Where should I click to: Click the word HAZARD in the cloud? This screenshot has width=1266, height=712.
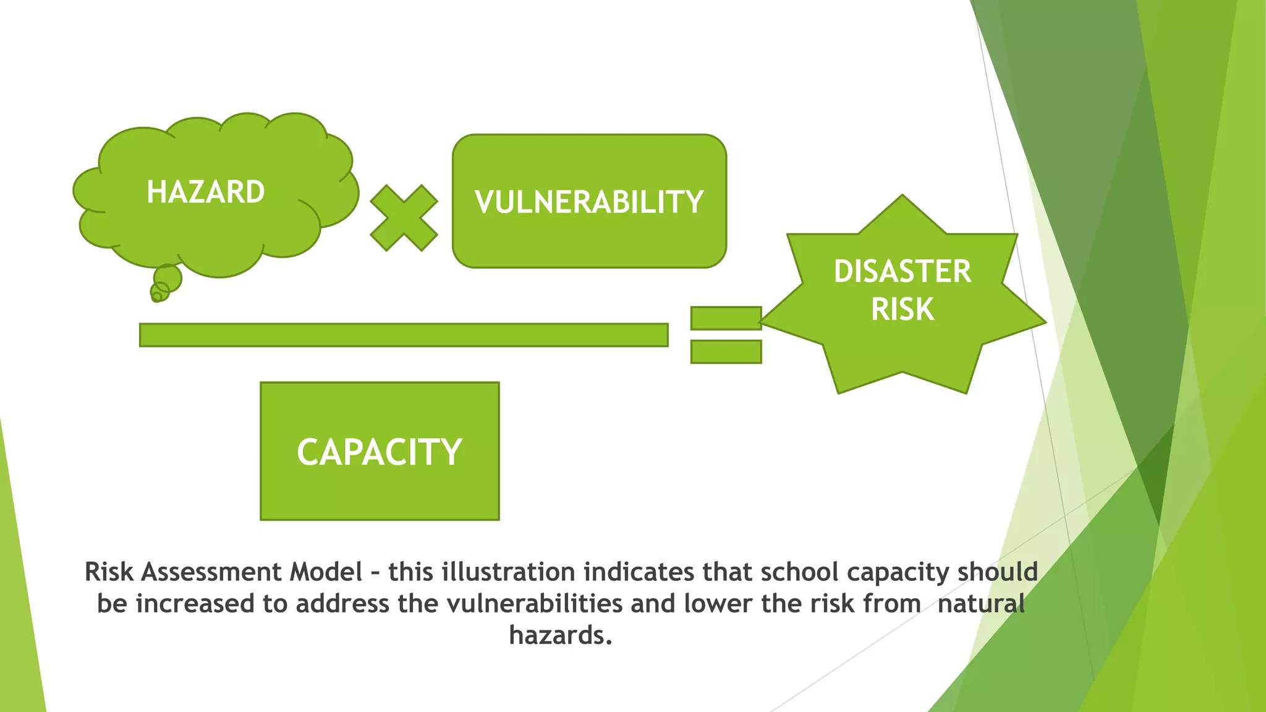pyautogui.click(x=206, y=192)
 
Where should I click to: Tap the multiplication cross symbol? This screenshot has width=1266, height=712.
pyautogui.click(x=404, y=218)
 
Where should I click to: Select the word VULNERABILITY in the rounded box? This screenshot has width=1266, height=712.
pyautogui.click(x=589, y=202)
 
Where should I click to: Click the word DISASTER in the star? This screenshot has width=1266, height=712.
pyautogui.click(x=903, y=271)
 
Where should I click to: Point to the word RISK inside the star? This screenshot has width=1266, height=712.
pyautogui.click(x=903, y=309)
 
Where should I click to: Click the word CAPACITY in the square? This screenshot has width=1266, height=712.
pyautogui.click(x=380, y=452)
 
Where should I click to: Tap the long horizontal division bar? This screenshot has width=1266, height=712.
pyautogui.click(x=404, y=335)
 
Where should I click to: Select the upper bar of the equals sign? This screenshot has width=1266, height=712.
pyautogui.click(x=726, y=318)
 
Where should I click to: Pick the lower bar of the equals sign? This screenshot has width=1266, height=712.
pyautogui.click(x=726, y=352)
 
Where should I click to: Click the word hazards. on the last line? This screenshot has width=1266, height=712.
pyautogui.click(x=561, y=635)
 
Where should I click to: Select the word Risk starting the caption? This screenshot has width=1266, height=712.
pyautogui.click(x=109, y=572)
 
